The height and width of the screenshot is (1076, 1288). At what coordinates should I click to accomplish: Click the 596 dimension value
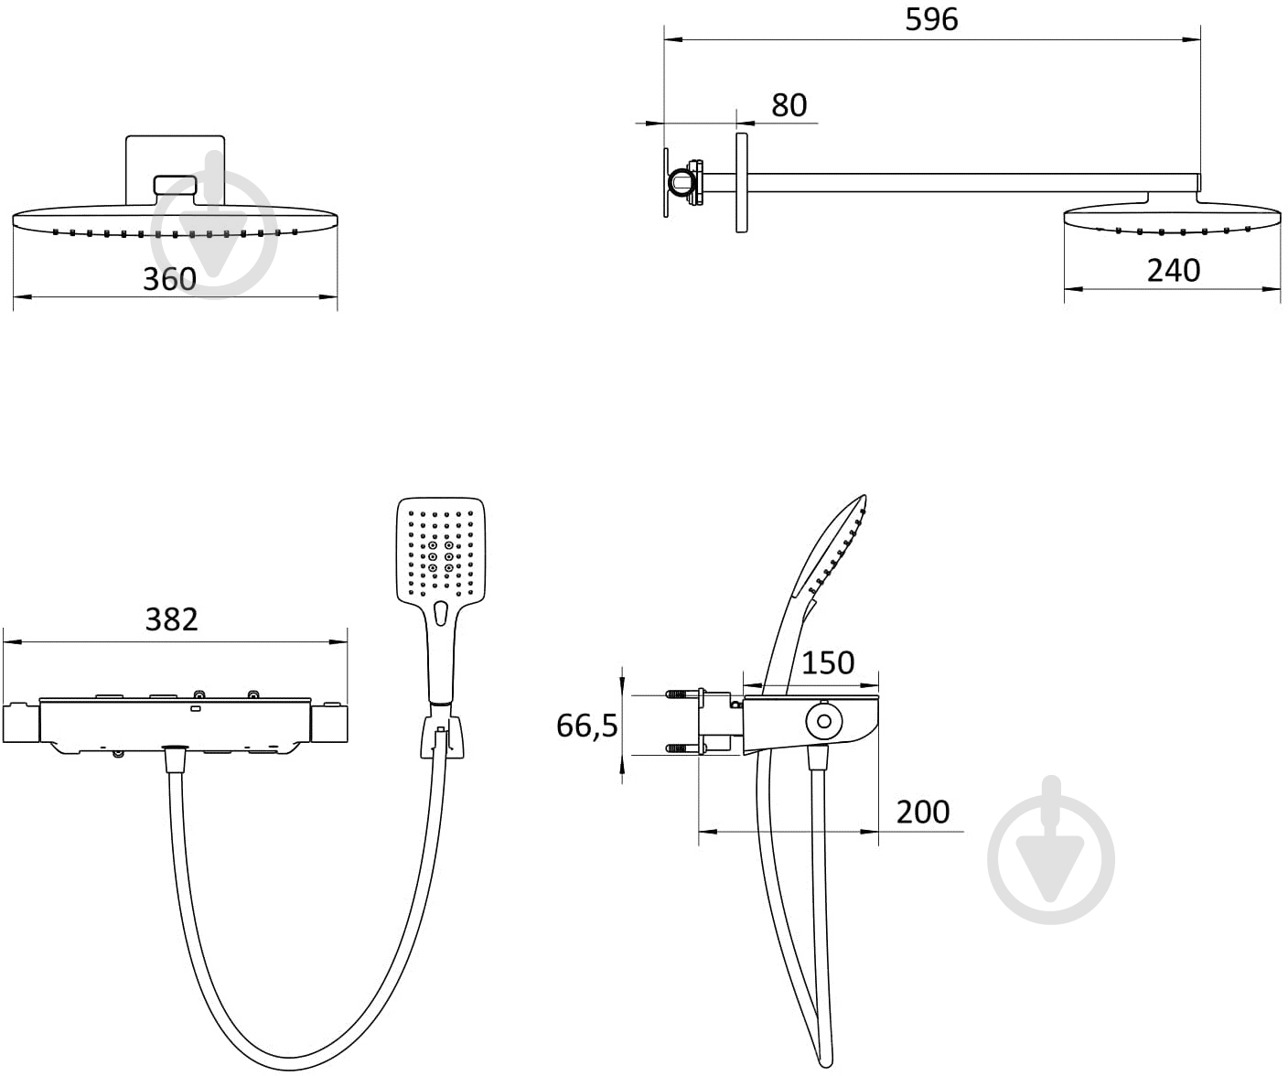(931, 19)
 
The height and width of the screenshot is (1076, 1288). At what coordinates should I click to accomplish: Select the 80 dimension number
(789, 105)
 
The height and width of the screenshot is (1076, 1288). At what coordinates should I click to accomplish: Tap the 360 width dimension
(169, 279)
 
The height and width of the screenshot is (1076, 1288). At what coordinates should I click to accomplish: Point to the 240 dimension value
(1174, 270)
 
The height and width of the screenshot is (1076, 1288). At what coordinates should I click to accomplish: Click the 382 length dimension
(171, 619)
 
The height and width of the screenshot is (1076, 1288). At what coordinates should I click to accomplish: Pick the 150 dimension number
(828, 663)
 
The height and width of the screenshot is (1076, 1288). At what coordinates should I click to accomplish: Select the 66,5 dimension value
(586, 726)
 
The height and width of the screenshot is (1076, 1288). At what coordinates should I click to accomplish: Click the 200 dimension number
(923, 812)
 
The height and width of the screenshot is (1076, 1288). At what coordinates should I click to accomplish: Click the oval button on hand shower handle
(440, 614)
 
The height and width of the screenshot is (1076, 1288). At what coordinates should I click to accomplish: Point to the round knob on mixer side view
(824, 721)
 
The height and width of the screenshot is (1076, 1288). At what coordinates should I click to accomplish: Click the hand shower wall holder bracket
(442, 737)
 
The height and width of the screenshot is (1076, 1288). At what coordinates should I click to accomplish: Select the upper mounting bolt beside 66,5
(685, 694)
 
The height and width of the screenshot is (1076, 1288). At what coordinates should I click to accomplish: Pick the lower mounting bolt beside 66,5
(685, 748)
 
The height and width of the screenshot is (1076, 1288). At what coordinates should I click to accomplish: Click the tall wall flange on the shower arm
(742, 183)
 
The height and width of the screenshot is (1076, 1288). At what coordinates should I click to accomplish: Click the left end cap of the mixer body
(22, 723)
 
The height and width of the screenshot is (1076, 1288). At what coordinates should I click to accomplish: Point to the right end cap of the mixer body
(328, 723)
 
